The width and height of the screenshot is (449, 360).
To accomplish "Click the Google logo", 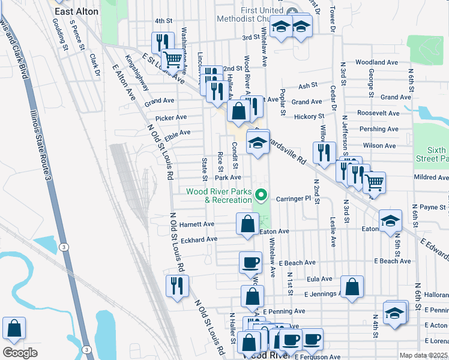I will click(20, 352).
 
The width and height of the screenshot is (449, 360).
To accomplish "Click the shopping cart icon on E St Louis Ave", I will click(172, 59).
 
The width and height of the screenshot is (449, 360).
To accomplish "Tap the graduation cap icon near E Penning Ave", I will click(394, 313).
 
